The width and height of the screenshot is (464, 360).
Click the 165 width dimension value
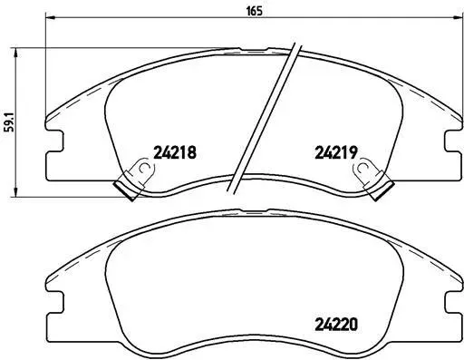(255, 11)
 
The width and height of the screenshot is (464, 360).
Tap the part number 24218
(175, 152)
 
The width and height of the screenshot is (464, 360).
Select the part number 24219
(336, 152)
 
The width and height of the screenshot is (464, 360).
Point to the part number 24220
(336, 325)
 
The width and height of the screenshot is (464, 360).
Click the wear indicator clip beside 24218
(134, 180)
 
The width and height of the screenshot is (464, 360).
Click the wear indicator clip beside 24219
(374, 180)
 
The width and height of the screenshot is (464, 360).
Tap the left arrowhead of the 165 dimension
(50, 17)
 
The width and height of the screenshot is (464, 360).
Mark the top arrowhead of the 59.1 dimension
(15, 54)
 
